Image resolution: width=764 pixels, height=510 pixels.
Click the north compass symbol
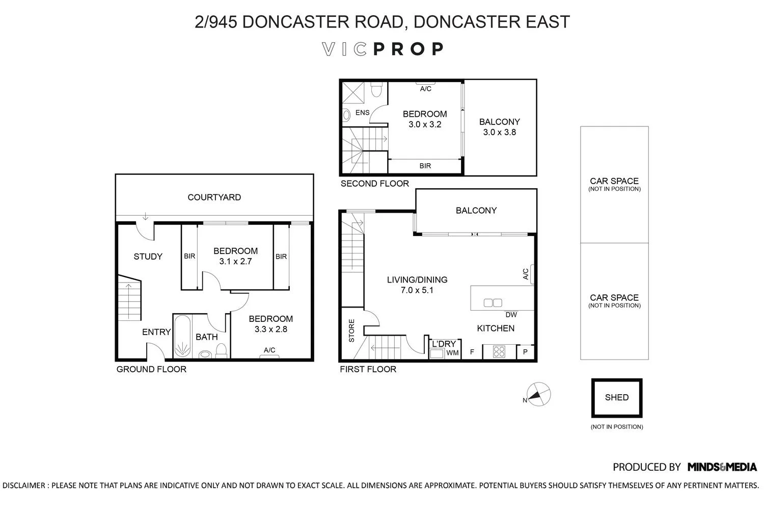(538, 394)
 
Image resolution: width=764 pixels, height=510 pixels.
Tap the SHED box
(616, 397)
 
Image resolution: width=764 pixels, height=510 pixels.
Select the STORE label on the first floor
(351, 330)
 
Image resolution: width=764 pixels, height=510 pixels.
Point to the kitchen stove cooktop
(499, 351)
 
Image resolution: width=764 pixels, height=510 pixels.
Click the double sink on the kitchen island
(493, 303)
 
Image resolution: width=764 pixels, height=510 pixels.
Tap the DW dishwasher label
(511, 315)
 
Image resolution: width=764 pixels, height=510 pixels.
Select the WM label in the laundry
(452, 352)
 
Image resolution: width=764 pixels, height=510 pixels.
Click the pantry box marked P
(525, 352)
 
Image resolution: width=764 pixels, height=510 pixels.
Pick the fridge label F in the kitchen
(472, 352)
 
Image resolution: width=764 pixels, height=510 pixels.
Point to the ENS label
(362, 113)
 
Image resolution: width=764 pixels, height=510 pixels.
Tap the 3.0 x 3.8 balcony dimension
(499, 132)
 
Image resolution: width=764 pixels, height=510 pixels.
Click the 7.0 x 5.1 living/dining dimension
(417, 290)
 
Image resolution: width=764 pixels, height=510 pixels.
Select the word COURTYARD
(214, 197)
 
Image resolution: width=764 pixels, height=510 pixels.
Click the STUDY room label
(148, 257)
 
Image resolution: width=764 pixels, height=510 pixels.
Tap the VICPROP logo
(383, 49)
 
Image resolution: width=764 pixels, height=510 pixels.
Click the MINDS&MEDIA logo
(722, 467)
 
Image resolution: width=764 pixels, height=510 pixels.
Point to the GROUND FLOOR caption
(151, 369)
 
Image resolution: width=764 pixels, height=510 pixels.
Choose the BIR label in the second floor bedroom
(425, 166)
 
